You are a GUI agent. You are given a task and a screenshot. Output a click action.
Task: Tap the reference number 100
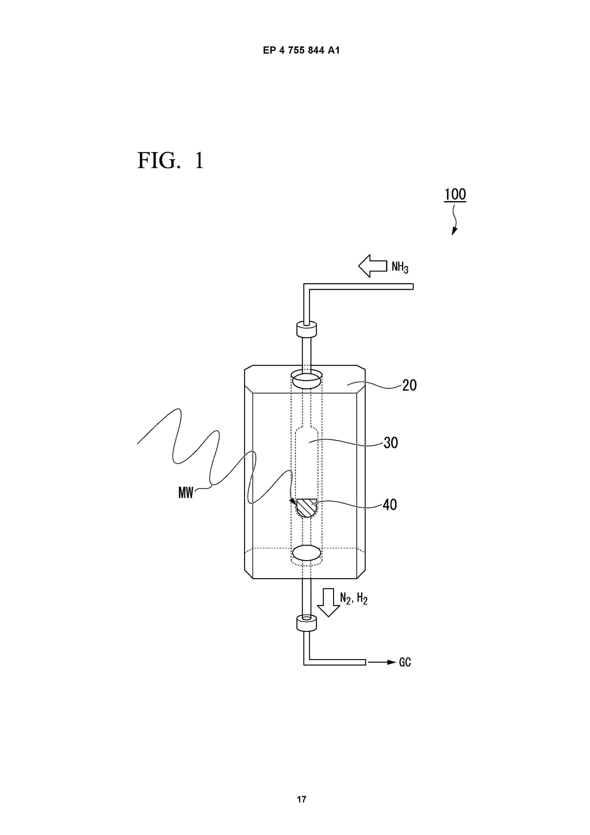pyautogui.click(x=455, y=194)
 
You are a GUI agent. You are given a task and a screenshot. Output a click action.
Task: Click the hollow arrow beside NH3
pyautogui.click(x=373, y=266)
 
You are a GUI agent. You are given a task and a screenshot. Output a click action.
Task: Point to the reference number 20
pyautogui.click(x=409, y=385)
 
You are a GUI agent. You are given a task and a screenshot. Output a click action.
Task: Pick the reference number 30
pyautogui.click(x=391, y=442)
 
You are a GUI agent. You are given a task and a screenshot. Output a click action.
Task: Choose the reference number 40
pyautogui.click(x=390, y=505)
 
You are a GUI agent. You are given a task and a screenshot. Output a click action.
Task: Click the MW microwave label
pyautogui.click(x=186, y=493)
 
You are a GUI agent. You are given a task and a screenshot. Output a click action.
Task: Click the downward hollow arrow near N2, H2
pyautogui.click(x=328, y=602)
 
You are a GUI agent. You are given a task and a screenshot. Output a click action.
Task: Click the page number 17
pyautogui.click(x=301, y=799)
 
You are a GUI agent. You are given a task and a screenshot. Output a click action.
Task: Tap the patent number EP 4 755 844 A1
pyautogui.click(x=301, y=50)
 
